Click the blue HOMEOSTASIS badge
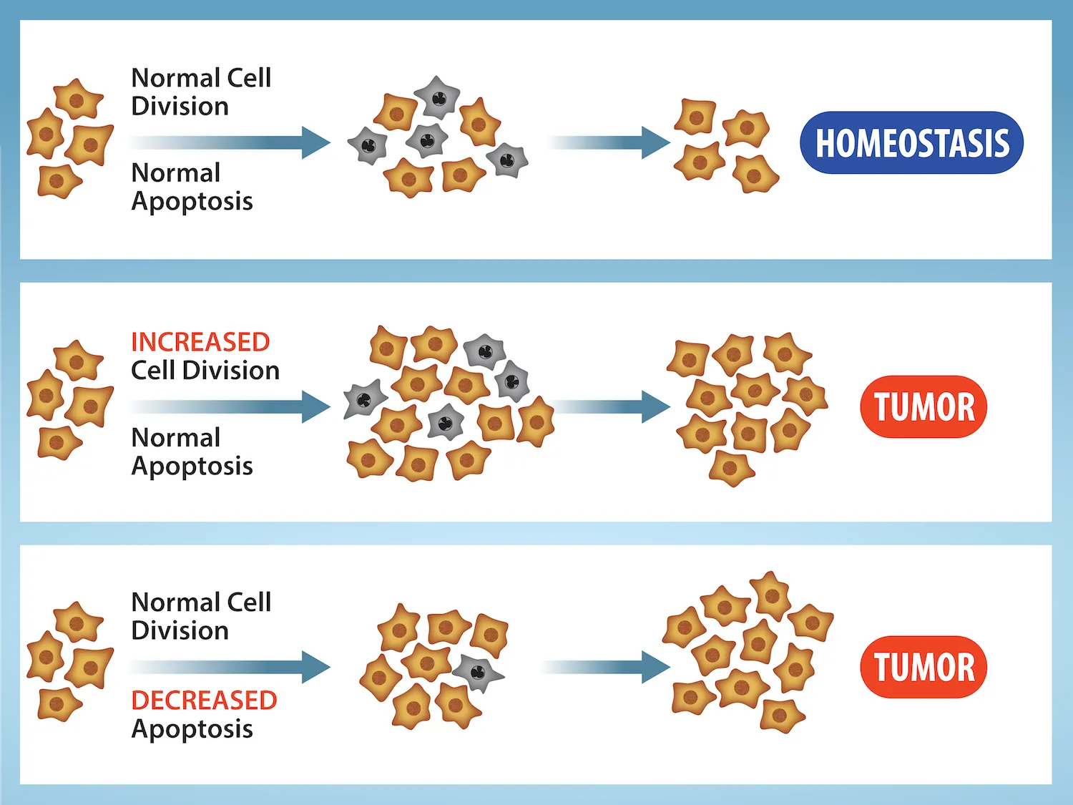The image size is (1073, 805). [911, 142]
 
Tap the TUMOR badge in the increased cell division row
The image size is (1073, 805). [923, 406]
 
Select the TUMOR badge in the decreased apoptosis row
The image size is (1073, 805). [923, 667]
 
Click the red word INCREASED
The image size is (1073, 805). [200, 342]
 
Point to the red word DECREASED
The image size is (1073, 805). [204, 700]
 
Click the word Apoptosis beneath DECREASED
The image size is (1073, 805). [192, 729]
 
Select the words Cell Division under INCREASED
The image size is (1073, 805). [205, 371]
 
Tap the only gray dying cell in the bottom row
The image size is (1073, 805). [477, 672]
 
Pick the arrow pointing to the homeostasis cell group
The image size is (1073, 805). [608, 142]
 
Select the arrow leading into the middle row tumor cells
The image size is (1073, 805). [612, 406]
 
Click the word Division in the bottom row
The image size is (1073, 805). [180, 630]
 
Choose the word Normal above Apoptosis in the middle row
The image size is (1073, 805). [176, 437]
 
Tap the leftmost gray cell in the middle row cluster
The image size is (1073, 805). [364, 400]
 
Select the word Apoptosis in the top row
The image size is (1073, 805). [192, 202]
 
